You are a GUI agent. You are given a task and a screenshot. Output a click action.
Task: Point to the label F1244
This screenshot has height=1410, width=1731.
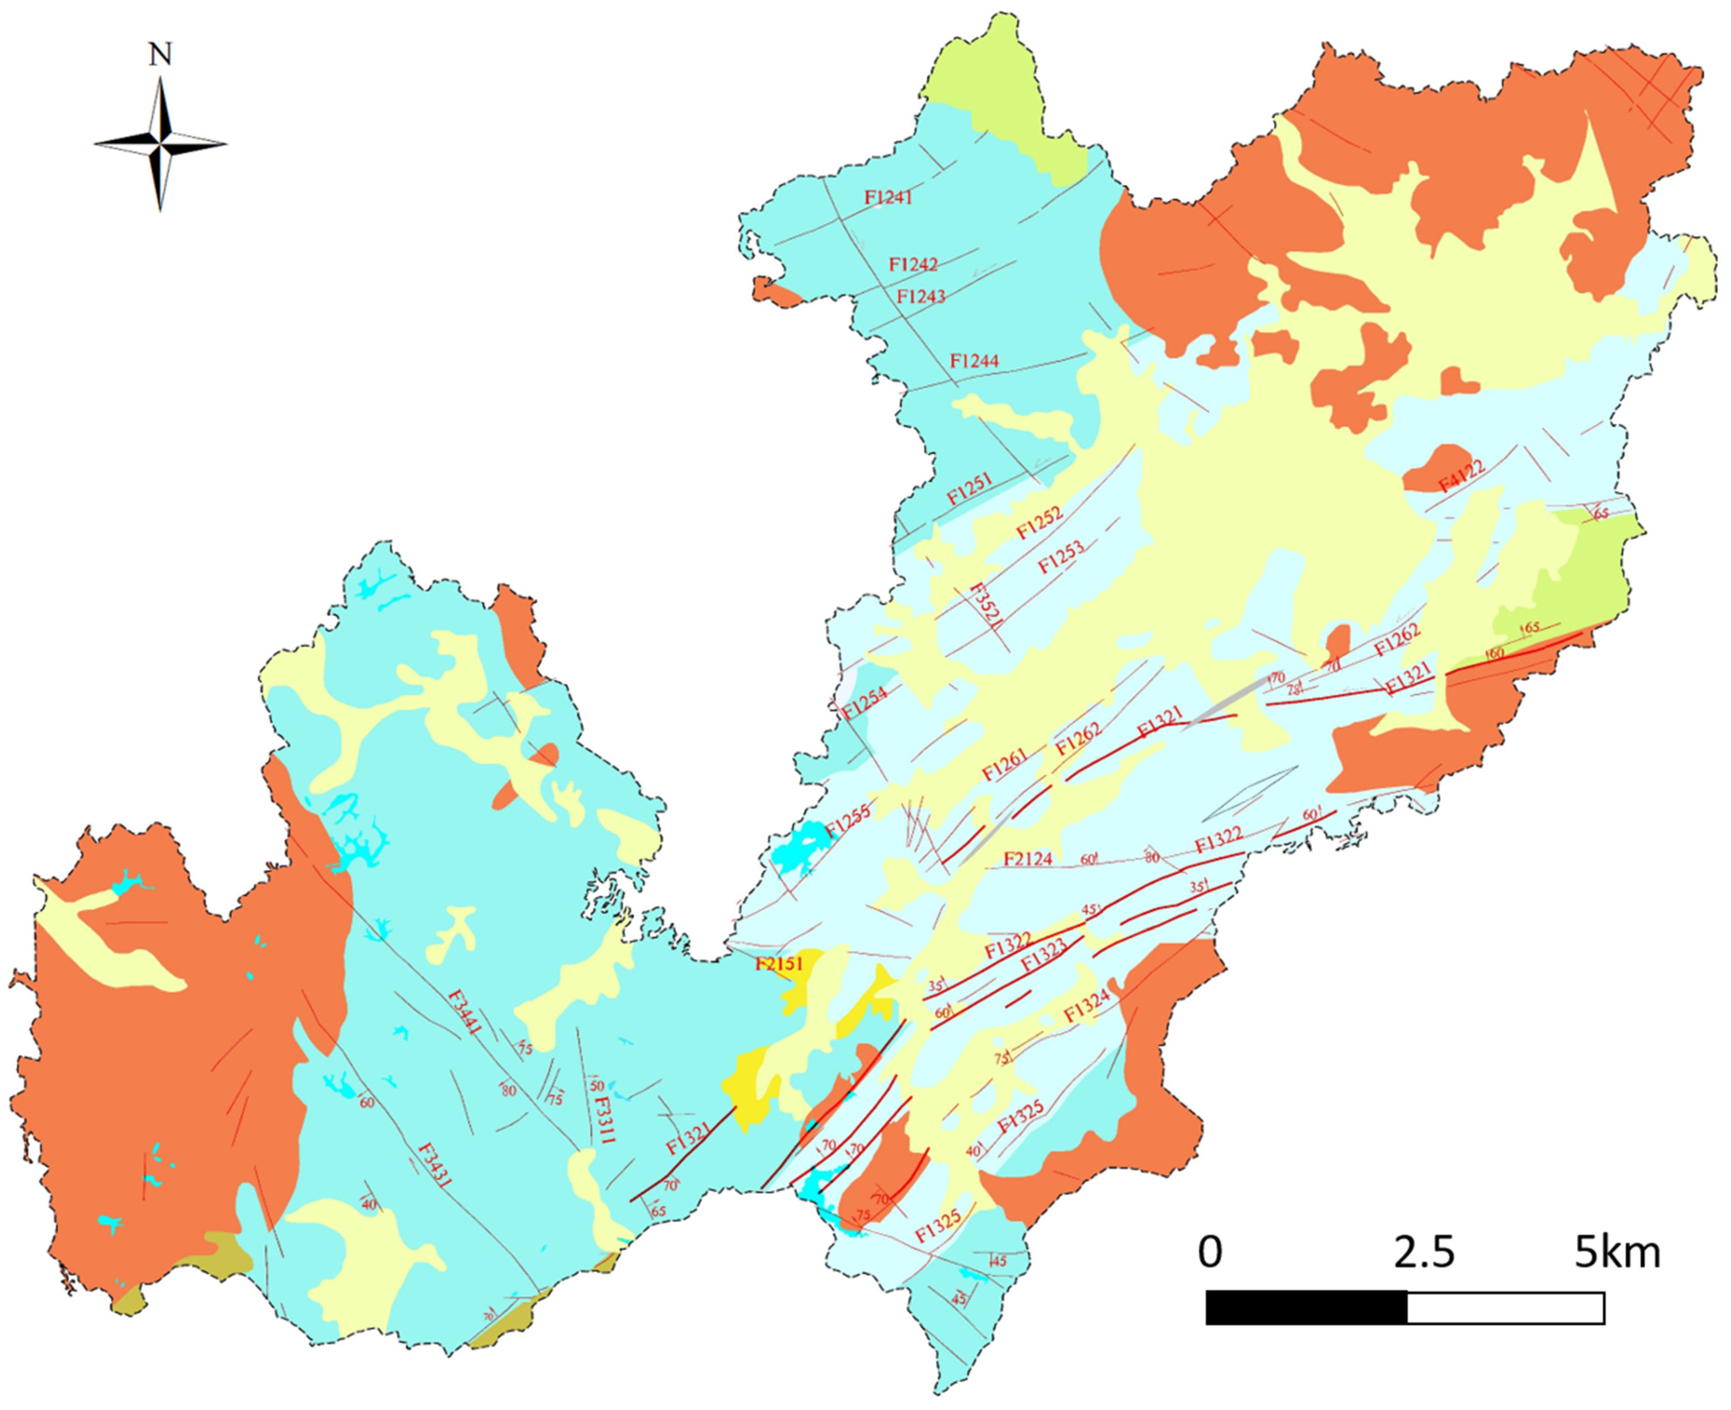click(974, 361)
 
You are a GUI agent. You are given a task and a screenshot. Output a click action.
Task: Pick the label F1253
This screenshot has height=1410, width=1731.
click(1061, 556)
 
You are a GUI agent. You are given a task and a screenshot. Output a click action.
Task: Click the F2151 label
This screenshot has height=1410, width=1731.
click(778, 964)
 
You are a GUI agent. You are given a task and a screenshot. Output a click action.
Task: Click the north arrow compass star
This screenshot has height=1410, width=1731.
click(160, 144)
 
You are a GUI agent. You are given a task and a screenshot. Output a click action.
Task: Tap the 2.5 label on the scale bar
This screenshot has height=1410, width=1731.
click(1424, 1253)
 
